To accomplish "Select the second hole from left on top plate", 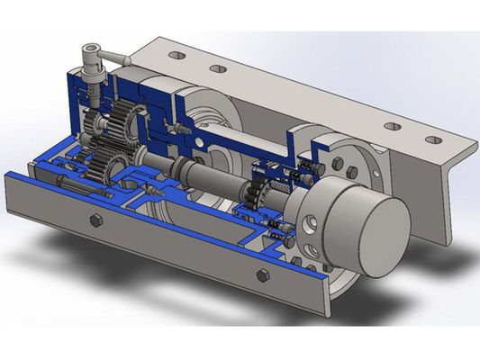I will coord(215,68).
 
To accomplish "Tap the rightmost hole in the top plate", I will coord(433,139).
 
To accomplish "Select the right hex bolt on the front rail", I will coord(262,274).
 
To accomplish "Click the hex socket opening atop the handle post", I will coord(92,50).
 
